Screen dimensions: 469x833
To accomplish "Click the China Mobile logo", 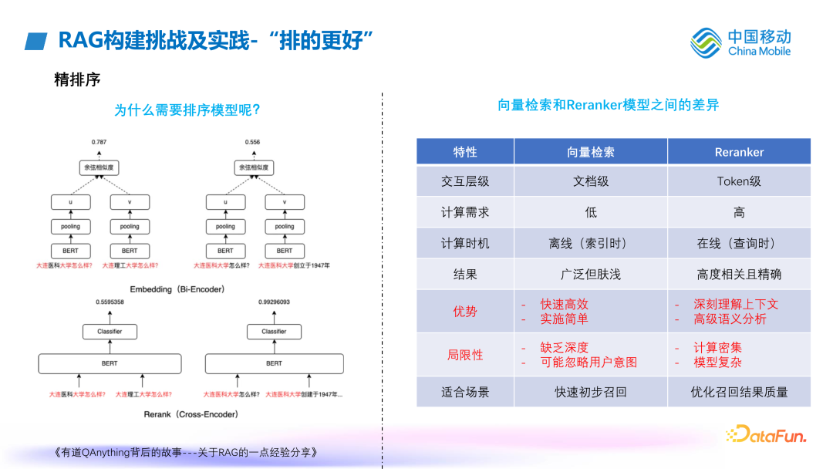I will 740,42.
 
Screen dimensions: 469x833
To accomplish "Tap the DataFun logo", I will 765,435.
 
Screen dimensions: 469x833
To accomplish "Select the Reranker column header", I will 739,152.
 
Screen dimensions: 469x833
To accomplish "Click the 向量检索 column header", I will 591,152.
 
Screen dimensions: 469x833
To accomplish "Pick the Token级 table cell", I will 739,181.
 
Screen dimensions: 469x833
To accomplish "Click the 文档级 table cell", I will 591,181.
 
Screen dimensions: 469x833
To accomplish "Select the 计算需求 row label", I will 465,212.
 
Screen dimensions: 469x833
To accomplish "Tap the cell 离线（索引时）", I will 591,243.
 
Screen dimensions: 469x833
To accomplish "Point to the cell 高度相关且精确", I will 739,274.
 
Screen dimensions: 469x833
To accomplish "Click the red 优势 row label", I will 465,312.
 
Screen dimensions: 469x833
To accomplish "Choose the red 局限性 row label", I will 465,355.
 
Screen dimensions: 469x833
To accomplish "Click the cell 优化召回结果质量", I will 739,392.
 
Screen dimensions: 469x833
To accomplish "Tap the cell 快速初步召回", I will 591,392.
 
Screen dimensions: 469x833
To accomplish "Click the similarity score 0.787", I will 99,143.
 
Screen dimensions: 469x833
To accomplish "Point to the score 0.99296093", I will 274,302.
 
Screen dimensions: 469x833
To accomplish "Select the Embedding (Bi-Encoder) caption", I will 177,289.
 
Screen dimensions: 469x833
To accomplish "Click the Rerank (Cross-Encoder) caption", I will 191,414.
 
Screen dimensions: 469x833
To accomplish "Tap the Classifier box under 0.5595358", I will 110,332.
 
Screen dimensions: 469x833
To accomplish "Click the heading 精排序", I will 77,79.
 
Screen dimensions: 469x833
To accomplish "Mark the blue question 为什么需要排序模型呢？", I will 187,110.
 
